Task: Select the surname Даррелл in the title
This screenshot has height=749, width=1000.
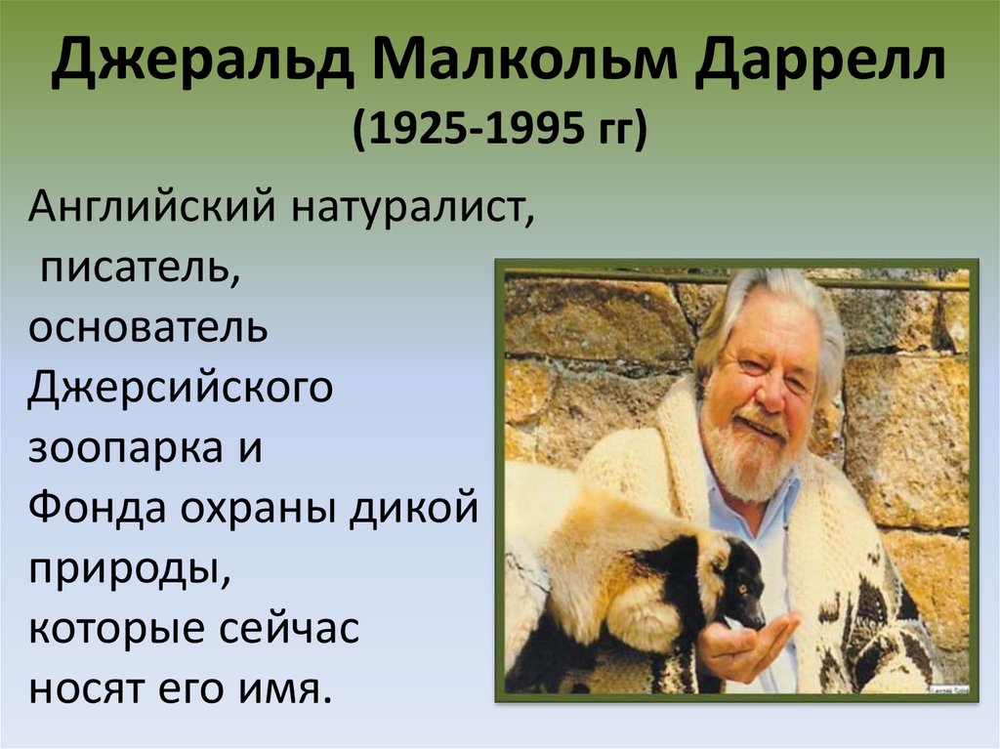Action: [820, 62]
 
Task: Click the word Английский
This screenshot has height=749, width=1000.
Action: [151, 207]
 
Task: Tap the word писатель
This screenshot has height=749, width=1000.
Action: [140, 269]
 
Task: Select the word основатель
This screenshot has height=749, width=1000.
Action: [147, 328]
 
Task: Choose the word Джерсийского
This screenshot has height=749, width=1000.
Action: [180, 388]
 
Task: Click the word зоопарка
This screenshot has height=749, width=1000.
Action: [125, 448]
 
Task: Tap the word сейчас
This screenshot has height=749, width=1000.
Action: [289, 629]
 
